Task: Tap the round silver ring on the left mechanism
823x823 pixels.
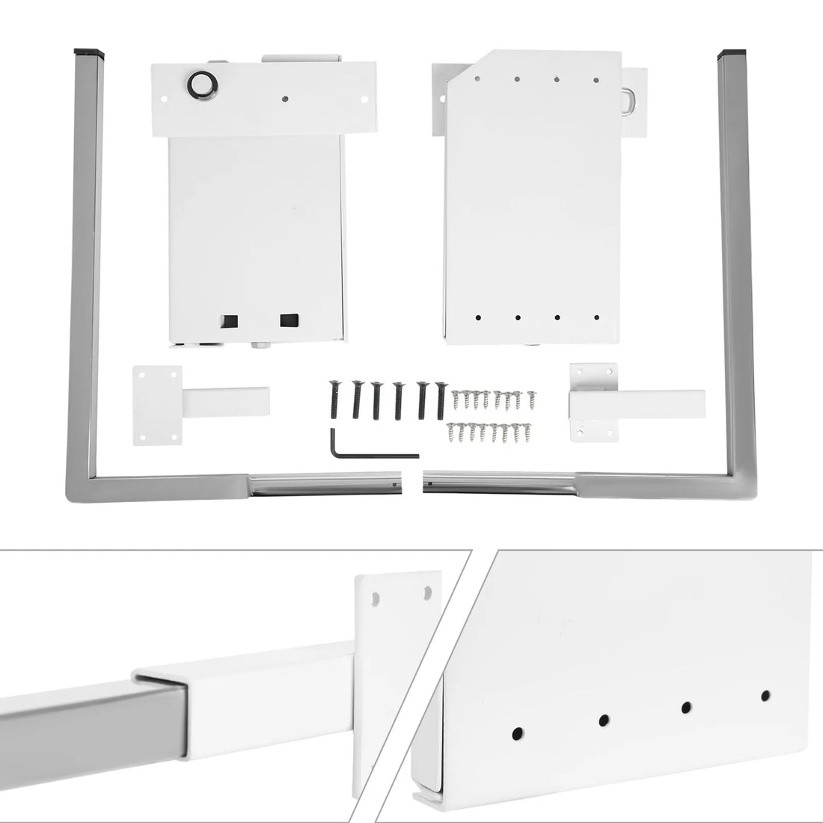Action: pos(202,84)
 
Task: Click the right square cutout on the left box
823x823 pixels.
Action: pos(288,320)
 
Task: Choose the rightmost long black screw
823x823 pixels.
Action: pos(441,399)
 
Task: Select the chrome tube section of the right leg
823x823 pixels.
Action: pos(501,483)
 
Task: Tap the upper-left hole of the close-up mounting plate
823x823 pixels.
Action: pos(376,599)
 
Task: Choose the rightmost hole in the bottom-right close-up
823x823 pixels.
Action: pos(765,696)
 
